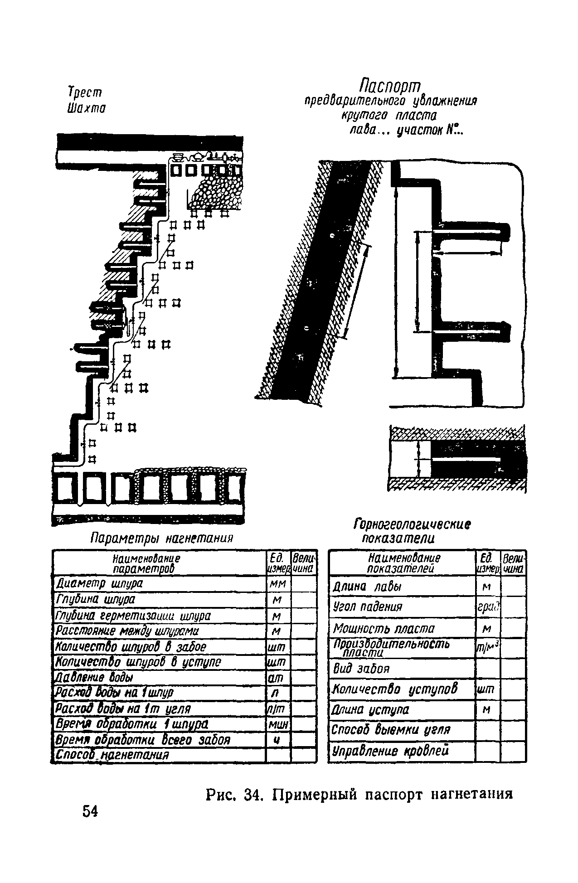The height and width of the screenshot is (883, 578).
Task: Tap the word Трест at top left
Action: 85,92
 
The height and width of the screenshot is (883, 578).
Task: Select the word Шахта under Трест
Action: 87,109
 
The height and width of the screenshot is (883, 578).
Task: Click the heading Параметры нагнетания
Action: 162,539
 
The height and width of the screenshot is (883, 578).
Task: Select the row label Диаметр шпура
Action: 99,583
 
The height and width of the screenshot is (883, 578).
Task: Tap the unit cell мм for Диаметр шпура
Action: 277,583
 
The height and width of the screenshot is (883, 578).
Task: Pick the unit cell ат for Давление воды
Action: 277,678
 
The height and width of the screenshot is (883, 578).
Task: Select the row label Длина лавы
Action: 367,587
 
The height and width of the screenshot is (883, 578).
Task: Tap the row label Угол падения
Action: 368,606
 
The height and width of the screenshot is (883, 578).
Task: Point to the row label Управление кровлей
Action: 391,751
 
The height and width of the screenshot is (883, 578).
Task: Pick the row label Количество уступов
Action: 395,689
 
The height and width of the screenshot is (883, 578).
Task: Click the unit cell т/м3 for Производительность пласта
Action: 487,649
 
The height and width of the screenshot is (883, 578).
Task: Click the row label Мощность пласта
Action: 384,629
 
